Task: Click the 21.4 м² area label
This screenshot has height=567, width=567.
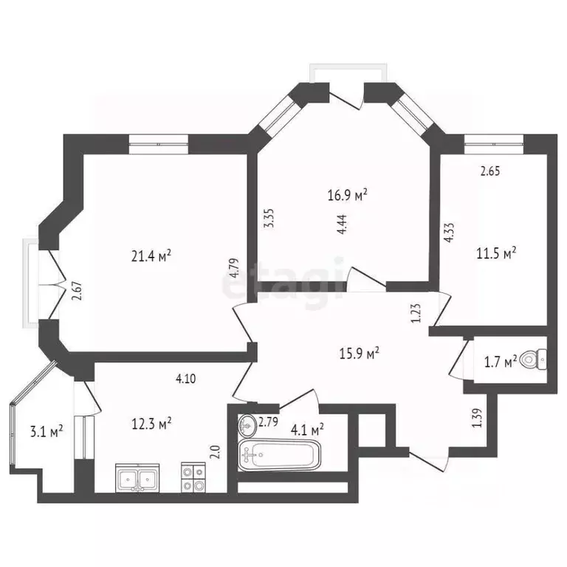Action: click(x=151, y=256)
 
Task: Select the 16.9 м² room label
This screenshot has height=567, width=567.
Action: click(x=348, y=195)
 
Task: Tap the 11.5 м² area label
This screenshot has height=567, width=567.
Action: click(x=496, y=253)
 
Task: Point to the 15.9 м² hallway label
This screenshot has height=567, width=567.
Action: click(x=359, y=353)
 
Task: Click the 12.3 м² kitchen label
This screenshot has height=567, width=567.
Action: click(x=151, y=424)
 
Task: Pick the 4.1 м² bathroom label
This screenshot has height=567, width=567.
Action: click(x=307, y=430)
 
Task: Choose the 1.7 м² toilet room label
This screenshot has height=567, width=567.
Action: click(x=501, y=362)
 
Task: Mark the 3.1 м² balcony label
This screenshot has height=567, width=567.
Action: click(x=47, y=431)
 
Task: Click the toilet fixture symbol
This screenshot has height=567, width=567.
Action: click(x=533, y=360)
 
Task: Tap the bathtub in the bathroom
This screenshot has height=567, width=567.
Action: click(x=280, y=455)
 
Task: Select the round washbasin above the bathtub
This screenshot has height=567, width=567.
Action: click(x=247, y=425)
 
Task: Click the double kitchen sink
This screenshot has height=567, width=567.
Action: click(x=137, y=478)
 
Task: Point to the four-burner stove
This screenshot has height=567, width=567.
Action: click(x=193, y=478)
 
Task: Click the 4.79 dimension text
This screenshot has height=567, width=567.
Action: click(x=234, y=267)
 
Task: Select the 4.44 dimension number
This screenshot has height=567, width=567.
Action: click(x=342, y=224)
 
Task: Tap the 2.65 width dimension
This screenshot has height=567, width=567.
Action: click(x=490, y=171)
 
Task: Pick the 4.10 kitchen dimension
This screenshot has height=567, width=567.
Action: click(x=185, y=379)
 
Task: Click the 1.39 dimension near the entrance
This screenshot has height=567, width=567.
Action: click(x=478, y=418)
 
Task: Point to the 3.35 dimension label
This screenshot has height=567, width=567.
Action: click(x=269, y=218)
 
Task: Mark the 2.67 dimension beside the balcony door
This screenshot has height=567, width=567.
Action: click(x=77, y=291)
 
